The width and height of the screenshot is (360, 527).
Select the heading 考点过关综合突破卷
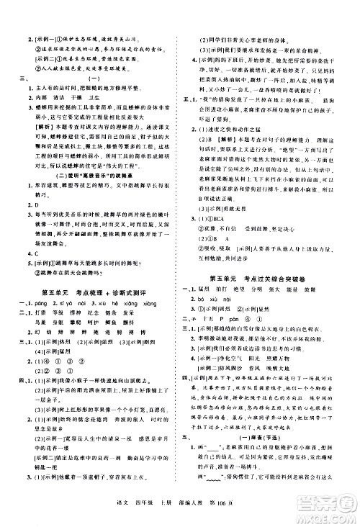[x=269, y=276]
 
